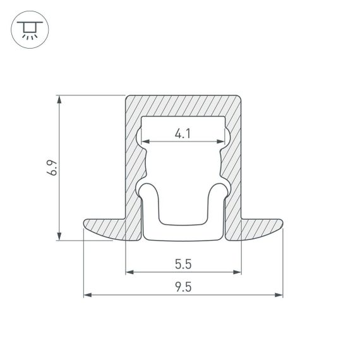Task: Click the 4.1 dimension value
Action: [x=183, y=133]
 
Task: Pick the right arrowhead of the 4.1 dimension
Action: [x=222, y=140]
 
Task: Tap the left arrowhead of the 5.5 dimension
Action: [x=129, y=272]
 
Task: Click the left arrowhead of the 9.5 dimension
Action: [x=87, y=294]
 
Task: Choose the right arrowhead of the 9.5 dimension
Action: [x=279, y=294]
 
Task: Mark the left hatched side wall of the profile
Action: [x=132, y=164]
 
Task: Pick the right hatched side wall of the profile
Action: [x=234, y=164]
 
